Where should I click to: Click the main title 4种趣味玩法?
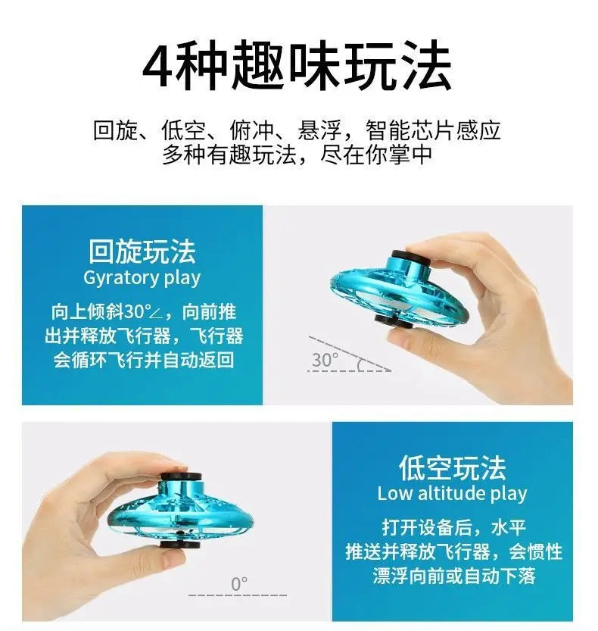[297, 66]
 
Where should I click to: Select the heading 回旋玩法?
[142, 251]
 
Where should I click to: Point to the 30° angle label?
[325, 359]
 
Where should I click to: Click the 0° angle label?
[239, 584]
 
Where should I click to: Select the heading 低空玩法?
[453, 467]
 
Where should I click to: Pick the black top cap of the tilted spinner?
[411, 258]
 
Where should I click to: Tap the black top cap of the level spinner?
[181, 476]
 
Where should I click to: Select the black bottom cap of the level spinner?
[179, 545]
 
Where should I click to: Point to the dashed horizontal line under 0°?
[238, 595]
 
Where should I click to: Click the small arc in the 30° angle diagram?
[360, 364]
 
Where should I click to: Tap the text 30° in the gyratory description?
[138, 312]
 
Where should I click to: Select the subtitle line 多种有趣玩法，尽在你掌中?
[297, 154]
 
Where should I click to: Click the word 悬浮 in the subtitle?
[319, 130]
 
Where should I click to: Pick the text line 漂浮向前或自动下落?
[454, 576]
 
